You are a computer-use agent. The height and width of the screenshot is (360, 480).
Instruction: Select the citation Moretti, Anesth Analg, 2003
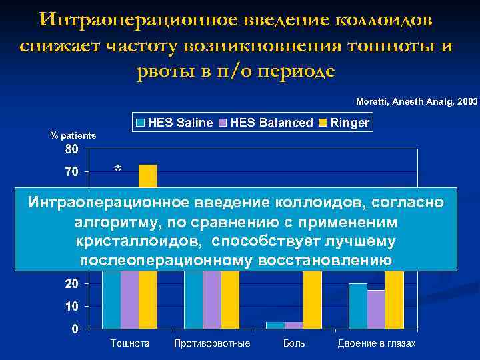click(x=417, y=101)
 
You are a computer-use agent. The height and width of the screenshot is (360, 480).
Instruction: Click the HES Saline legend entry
click(x=175, y=123)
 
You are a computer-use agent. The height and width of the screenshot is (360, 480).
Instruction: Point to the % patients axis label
click(x=73, y=135)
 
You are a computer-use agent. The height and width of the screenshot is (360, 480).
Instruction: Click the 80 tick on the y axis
click(x=71, y=149)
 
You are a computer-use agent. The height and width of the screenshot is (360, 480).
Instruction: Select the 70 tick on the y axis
click(x=71, y=172)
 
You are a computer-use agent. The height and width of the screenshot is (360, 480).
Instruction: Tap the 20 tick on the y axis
click(x=71, y=284)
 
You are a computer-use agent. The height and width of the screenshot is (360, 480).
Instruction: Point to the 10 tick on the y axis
click(x=71, y=307)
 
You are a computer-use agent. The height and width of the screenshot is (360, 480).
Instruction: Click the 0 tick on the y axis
click(x=75, y=329)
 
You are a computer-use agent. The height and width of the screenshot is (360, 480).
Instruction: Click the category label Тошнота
click(x=130, y=343)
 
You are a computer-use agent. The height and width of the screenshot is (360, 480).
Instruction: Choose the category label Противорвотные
click(x=212, y=343)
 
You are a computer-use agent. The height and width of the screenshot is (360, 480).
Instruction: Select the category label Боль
click(x=294, y=343)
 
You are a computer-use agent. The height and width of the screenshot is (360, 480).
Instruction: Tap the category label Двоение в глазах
click(x=377, y=343)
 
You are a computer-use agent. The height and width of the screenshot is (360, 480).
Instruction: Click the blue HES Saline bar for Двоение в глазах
click(x=358, y=306)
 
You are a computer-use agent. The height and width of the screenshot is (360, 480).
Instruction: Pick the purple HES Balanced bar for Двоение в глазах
click(x=376, y=309)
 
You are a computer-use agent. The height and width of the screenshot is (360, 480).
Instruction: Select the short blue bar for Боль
click(x=275, y=325)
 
